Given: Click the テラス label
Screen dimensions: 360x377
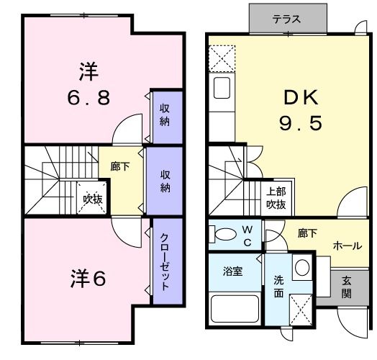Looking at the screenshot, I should pos(286,19).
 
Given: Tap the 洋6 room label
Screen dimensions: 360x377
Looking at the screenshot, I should pos(88,279).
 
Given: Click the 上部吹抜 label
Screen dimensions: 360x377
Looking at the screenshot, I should pos(276,198).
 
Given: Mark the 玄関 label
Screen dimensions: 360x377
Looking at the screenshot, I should pos(346,289).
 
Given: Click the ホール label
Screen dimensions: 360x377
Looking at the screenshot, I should pos(347,246).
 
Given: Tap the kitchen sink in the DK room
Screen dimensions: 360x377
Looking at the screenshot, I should pos(222,91).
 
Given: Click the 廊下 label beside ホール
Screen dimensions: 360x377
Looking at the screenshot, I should pos(307,233).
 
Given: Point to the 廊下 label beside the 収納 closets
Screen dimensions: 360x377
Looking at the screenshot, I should pos(120,166).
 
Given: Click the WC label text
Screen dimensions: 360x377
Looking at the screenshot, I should pos(247,235).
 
